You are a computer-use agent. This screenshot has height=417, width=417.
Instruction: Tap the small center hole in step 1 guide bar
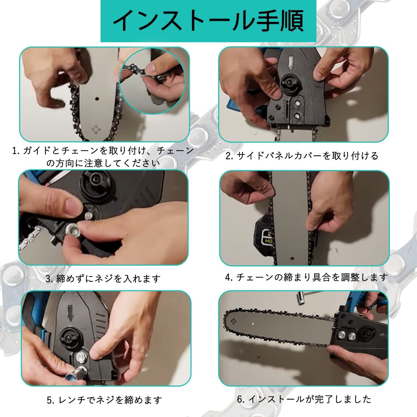[x=97, y=99]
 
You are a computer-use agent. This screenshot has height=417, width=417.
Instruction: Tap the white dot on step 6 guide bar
[x=253, y=324]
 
